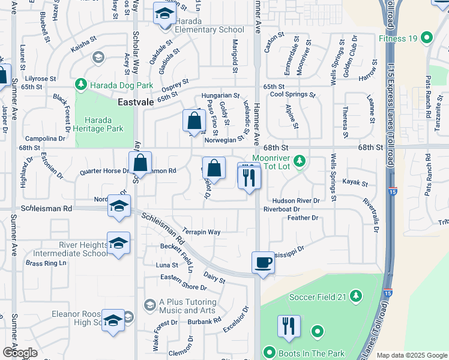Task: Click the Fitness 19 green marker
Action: click(x=427, y=38)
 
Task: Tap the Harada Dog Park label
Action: click(x=119, y=85)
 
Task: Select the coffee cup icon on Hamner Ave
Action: click(x=263, y=263)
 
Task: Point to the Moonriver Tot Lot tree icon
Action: click(x=301, y=160)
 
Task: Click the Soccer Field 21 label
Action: click(x=317, y=296)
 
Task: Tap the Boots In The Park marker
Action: click(x=269, y=352)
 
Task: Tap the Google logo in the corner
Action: click(x=20, y=353)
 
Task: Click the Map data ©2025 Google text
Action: click(x=411, y=355)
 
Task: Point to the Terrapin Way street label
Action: click(x=202, y=232)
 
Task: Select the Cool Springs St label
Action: click(x=292, y=94)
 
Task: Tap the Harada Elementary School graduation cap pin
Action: click(x=163, y=14)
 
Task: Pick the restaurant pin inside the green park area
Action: click(x=289, y=326)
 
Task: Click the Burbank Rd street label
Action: click(x=205, y=321)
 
